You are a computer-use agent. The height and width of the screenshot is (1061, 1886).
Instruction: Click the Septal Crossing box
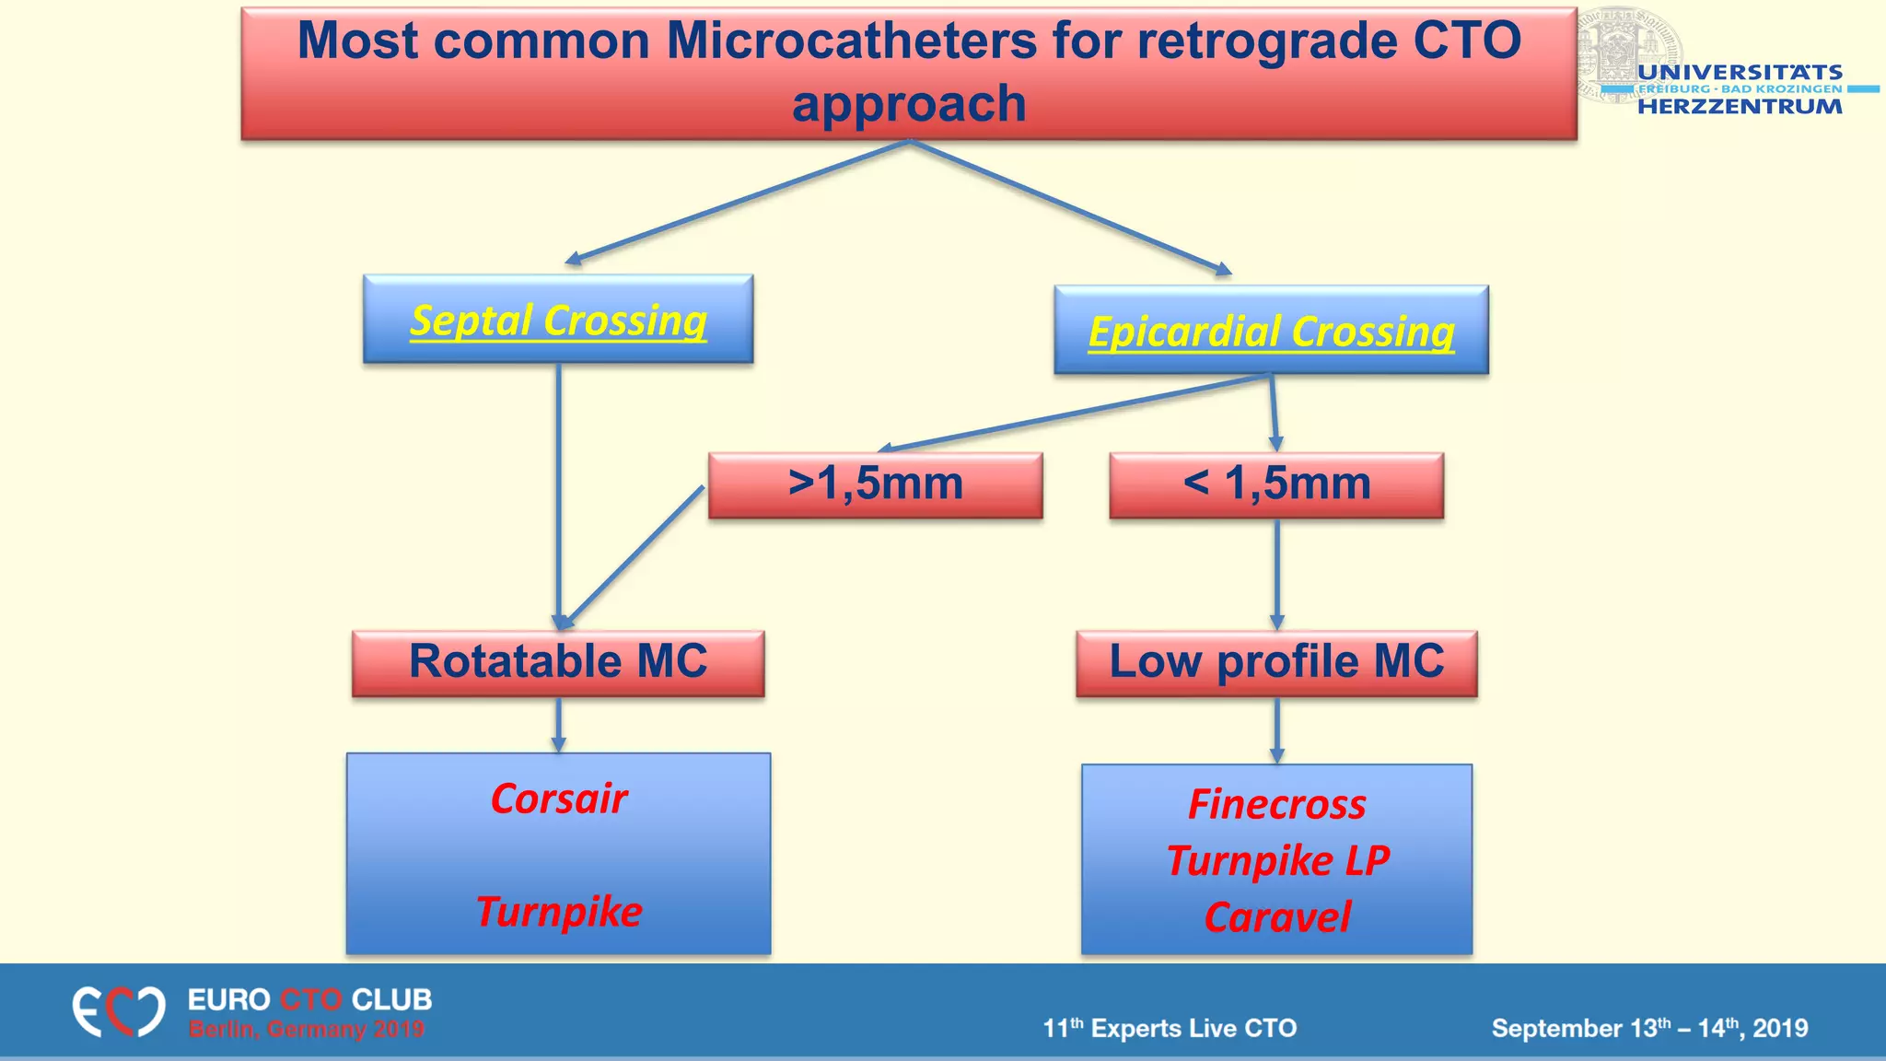558,319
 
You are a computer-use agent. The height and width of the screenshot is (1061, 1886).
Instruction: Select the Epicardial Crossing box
1271,330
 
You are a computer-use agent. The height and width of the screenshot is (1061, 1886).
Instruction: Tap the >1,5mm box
875,484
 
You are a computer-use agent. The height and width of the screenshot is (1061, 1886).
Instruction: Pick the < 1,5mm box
1276,484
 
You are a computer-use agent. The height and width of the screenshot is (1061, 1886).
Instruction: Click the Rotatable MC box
558,662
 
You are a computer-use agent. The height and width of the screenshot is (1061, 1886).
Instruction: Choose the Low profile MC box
1276,662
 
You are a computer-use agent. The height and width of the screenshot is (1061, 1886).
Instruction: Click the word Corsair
559,799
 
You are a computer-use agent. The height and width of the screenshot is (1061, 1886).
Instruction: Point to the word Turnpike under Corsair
559,912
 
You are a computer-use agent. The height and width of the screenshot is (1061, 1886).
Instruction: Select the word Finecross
1276,804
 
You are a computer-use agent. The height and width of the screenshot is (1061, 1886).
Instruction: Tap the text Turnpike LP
1277,861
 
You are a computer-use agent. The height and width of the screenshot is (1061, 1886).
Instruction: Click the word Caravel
1277,917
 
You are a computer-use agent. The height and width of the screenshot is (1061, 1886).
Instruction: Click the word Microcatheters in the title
851,41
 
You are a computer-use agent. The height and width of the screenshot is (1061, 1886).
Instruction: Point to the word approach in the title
909,103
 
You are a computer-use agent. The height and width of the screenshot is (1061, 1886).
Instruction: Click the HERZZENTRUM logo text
1740,106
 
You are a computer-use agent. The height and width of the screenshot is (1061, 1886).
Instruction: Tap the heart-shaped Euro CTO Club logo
119,1011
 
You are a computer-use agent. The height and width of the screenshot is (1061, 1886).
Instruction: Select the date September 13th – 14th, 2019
1649,1028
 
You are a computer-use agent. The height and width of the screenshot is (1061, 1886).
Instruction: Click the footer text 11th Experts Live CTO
1170,1028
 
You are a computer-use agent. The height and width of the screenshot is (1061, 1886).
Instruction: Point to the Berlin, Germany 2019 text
307,1029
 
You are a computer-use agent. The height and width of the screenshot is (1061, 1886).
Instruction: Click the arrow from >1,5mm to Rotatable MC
634,556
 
